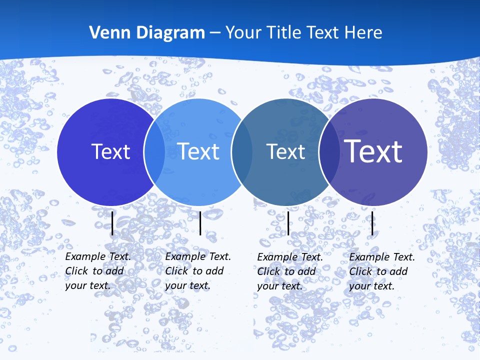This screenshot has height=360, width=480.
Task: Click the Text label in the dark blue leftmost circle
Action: click(110, 151)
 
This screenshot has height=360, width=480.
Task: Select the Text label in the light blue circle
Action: click(198, 151)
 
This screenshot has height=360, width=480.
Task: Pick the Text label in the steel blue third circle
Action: click(285, 151)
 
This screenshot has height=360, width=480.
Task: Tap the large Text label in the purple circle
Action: click(373, 151)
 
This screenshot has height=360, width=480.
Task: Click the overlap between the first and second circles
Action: click(154, 151)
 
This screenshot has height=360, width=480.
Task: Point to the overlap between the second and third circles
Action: click(242, 151)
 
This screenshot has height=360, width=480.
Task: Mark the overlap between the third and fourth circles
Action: click(329, 151)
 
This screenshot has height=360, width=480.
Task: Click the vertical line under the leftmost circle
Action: click(112, 223)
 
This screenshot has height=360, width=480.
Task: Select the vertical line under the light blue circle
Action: click(200, 223)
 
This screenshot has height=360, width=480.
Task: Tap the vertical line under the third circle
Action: click(288, 223)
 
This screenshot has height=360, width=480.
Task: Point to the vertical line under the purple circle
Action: click(372, 223)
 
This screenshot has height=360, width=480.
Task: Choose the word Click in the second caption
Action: click(176, 271)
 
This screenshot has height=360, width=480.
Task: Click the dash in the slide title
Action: click(215, 33)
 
